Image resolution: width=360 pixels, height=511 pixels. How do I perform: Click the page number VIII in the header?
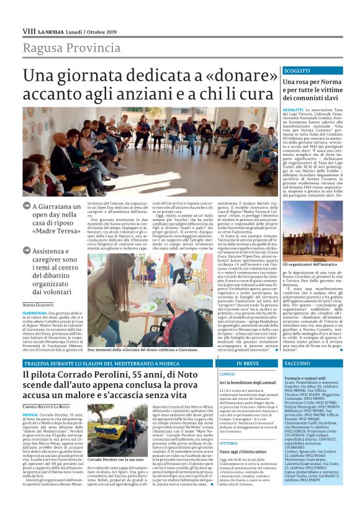click(29, 31)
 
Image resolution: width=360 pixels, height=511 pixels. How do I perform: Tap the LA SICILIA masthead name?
click(50, 31)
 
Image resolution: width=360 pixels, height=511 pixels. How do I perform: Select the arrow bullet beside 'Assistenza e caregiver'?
click(26, 250)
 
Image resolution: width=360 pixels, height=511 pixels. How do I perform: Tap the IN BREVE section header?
click(247, 363)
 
